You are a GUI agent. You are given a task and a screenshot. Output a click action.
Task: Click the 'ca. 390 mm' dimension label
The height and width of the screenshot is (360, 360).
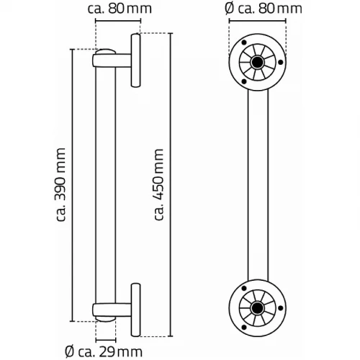(60, 184)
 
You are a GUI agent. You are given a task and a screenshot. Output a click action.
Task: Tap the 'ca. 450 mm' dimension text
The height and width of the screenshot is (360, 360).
(158, 184)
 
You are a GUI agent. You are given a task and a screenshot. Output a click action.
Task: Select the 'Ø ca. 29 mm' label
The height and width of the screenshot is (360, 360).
(104, 352)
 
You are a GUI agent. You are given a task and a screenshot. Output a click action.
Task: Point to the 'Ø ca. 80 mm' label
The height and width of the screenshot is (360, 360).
(264, 9)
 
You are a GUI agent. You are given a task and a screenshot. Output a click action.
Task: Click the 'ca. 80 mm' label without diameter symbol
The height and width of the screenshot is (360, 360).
(120, 9)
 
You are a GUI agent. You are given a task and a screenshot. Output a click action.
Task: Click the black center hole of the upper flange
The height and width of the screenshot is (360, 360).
(257, 62)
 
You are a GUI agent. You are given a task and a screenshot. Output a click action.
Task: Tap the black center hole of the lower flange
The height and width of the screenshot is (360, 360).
(257, 307)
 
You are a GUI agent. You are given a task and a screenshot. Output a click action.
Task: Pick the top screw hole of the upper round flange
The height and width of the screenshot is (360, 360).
(244, 43)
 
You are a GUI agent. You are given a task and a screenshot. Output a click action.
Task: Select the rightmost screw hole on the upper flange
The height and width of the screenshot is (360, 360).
(280, 63)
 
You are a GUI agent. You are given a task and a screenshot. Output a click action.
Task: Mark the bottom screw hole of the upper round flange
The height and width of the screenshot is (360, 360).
(244, 81)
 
